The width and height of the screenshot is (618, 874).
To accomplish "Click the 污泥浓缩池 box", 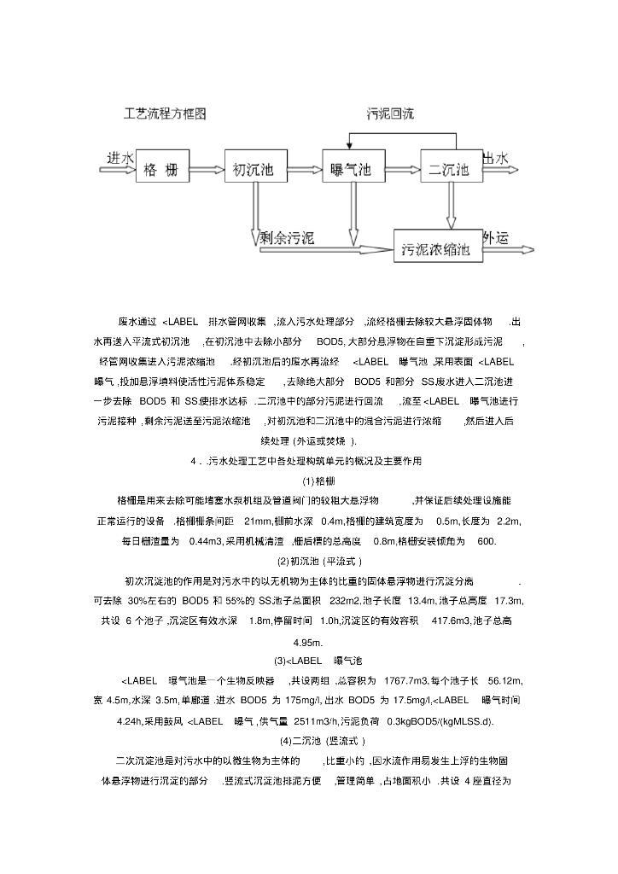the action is point(436,250).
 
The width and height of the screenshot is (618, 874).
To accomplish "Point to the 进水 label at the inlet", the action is point(120,159).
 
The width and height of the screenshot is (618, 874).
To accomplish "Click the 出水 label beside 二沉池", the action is point(496,159).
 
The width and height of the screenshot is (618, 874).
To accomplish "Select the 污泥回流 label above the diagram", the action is point(391,114).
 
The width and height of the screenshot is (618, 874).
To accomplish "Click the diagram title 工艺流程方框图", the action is point(165,114).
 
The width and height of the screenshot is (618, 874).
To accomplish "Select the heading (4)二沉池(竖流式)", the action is point(310,741).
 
